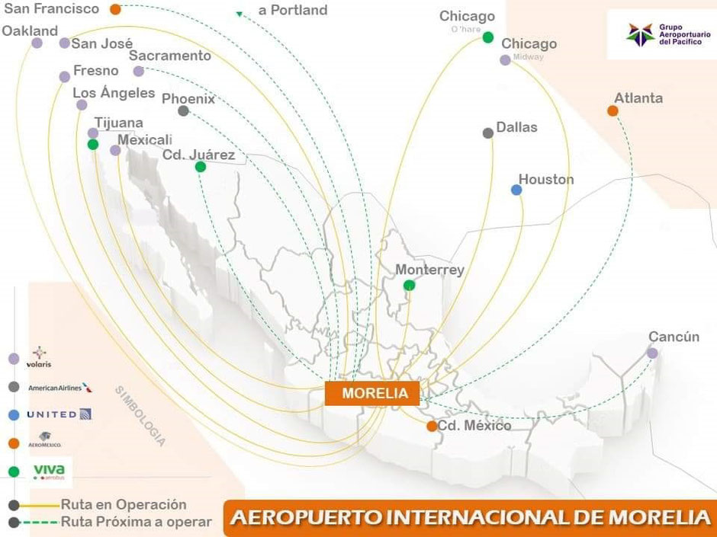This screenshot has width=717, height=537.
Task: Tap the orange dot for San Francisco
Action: pyautogui.click(x=115, y=10)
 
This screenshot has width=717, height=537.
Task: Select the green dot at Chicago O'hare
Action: pyautogui.click(x=488, y=37)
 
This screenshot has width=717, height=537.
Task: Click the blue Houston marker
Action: pyautogui.click(x=516, y=190)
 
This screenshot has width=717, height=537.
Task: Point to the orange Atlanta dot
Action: pyautogui.click(x=613, y=111)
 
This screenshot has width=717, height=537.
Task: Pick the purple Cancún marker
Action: pyautogui.click(x=652, y=353)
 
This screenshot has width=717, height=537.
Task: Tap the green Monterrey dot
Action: pyautogui.click(x=409, y=286)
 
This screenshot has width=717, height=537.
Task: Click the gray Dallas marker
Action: pyautogui.click(x=488, y=133)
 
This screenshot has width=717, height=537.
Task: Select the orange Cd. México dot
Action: pyautogui.click(x=432, y=426)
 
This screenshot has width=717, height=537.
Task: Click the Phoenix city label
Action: pyautogui.click(x=188, y=98)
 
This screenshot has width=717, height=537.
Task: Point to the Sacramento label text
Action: pyautogui.click(x=170, y=56)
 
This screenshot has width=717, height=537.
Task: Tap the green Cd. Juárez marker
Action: pyautogui.click(x=200, y=167)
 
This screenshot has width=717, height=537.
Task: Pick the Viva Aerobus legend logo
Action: pyautogui.click(x=48, y=471)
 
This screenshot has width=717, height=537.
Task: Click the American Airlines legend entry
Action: pyautogui.click(x=60, y=387)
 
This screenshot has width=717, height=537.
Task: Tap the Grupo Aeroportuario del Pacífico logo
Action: pyautogui.click(x=661, y=34)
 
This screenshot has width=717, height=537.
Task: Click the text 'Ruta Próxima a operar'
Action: pyautogui.click(x=136, y=522)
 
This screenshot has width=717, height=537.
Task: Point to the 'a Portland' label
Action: pyautogui.click(x=293, y=11)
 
